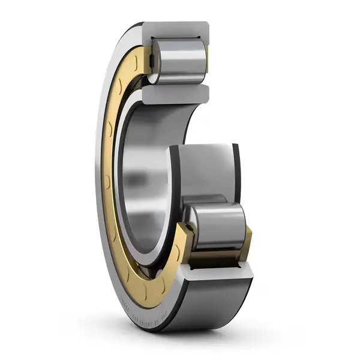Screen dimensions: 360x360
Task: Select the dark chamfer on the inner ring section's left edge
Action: [172, 174]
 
